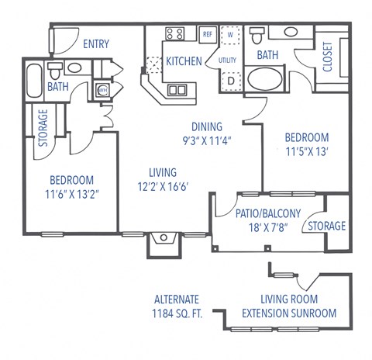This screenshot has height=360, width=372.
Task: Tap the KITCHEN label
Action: click(183, 61)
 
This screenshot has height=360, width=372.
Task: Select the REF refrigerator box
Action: click(207, 34)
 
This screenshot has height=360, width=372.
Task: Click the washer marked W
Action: click(230, 35)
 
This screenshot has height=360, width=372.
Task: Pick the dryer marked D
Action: click(230, 79)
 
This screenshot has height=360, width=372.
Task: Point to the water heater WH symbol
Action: click(102, 90)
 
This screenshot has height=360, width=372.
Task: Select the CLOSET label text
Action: click(327, 57)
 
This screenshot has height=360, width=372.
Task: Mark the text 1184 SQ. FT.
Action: click(177, 313)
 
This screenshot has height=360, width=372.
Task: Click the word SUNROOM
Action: click(313, 313)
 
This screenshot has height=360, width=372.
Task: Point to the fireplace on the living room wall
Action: click(165, 241)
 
